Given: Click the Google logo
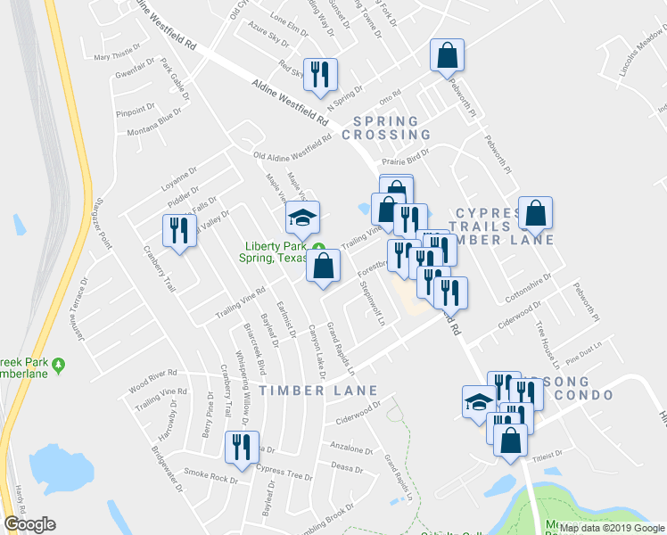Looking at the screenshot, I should (29, 524).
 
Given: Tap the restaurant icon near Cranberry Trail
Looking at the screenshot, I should (178, 231).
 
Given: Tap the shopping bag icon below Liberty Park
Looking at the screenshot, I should (323, 265).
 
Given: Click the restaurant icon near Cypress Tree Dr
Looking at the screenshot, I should (239, 447).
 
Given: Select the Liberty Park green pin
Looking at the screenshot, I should (318, 247).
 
